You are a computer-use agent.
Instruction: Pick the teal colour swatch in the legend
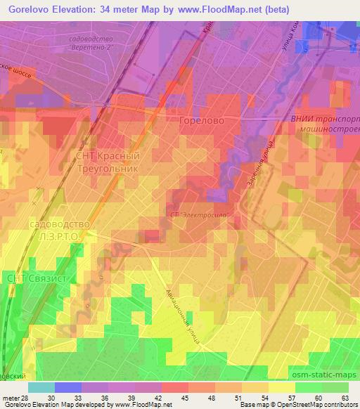[41, 387]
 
